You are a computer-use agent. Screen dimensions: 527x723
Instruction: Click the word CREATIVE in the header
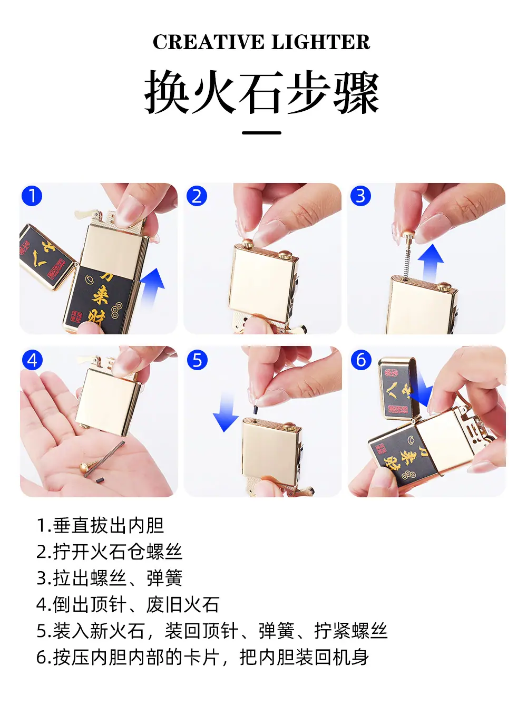pos(209,42)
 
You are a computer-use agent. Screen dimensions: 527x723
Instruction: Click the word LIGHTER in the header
pos(320,42)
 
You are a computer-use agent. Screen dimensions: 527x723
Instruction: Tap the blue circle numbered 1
pos(32,196)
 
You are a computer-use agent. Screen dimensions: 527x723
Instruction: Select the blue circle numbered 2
pos(197,196)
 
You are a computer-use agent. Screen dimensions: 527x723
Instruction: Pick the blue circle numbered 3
pos(360,196)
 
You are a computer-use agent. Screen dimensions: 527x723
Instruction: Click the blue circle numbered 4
pos(32,360)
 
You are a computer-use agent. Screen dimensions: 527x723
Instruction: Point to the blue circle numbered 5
pos(197,360)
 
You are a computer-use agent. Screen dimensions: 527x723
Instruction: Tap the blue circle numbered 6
pos(361,360)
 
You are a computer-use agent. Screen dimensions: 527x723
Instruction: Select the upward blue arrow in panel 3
pos(431,263)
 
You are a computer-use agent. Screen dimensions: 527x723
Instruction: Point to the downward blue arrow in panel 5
pos(226,412)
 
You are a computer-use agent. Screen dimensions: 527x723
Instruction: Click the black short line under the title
pos(261,133)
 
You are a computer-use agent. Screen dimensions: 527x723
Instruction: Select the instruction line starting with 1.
pos(100,526)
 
